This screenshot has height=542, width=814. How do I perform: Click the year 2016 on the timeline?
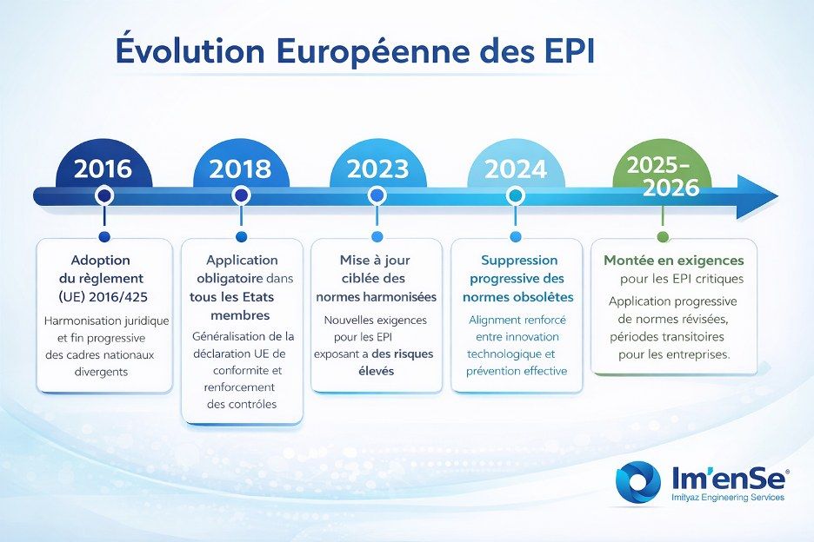[x=103, y=169]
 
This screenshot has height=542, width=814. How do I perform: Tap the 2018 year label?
[x=240, y=169]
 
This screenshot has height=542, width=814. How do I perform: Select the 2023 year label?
[x=378, y=169]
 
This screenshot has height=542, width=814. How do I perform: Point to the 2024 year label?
[x=516, y=169]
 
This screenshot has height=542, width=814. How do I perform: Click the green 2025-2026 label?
[x=663, y=176]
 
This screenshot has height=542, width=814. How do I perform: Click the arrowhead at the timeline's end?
[x=757, y=196]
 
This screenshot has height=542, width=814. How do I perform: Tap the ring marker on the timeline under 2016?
[x=105, y=196]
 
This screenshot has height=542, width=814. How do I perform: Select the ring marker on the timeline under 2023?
[x=377, y=196]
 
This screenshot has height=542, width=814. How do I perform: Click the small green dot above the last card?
[x=663, y=236]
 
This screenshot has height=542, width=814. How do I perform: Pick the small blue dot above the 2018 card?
[x=242, y=236]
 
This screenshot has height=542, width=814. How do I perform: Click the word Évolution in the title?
[x=190, y=50]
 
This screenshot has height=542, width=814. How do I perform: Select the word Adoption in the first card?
[x=101, y=261]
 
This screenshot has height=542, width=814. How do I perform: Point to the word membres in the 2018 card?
[x=240, y=315]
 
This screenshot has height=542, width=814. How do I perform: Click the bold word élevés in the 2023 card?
[x=377, y=371]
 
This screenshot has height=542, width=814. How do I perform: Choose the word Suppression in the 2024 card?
[x=519, y=261]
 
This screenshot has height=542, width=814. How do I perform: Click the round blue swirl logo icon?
[x=638, y=481]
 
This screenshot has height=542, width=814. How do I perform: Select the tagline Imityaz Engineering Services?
[x=728, y=498]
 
